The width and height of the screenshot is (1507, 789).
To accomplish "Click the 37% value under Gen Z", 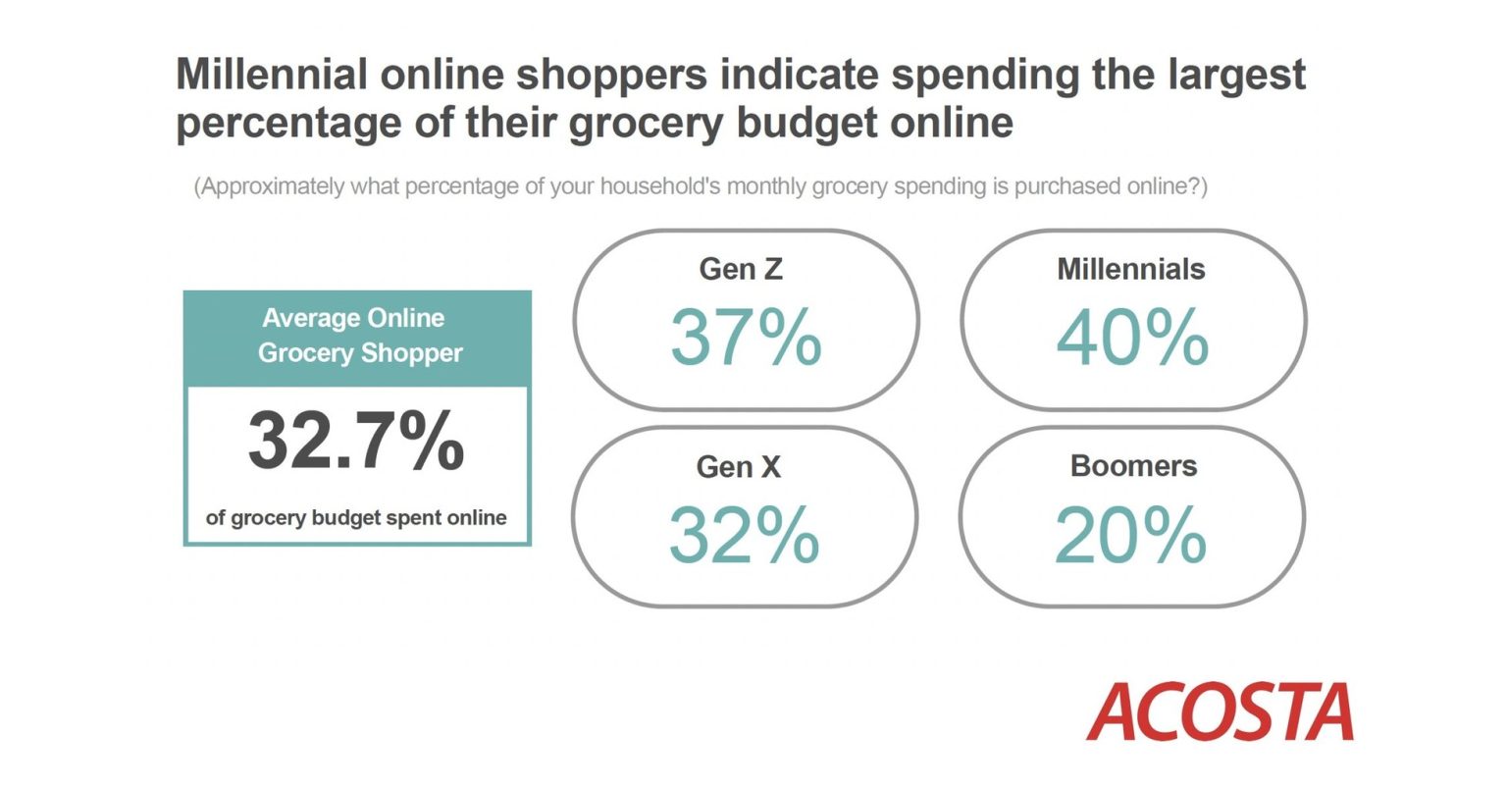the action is [746, 337].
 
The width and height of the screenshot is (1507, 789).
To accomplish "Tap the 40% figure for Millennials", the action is [1132, 337].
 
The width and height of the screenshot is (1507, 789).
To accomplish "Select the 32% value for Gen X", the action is [744, 535].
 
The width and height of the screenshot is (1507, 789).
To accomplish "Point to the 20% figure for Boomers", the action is [1130, 535].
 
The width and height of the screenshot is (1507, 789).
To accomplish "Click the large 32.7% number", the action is [356, 441].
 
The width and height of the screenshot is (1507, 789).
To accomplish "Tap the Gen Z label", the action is [741, 269].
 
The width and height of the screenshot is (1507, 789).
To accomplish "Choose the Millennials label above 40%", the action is [1131, 269].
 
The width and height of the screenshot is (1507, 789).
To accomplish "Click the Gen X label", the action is [739, 466].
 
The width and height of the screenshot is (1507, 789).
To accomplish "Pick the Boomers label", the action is [1133, 466].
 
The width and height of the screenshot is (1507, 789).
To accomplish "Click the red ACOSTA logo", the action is [1220, 711].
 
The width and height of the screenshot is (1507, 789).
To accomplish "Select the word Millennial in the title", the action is [272, 74].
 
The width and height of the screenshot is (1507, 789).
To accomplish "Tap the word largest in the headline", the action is [1236, 77].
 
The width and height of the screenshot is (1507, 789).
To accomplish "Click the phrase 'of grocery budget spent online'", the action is [356, 518].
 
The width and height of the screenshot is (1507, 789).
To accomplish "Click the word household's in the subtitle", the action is [659, 185].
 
